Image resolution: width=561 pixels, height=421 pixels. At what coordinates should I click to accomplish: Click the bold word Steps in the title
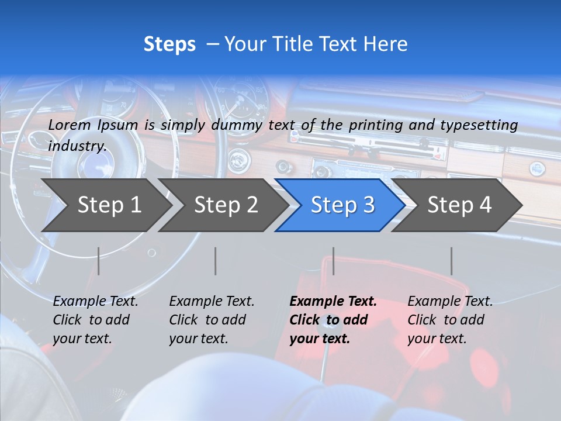click(169, 44)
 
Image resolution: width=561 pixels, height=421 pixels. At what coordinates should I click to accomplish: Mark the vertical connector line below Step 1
click(99, 261)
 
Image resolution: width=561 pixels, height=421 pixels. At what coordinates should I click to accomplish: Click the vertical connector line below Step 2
click(216, 261)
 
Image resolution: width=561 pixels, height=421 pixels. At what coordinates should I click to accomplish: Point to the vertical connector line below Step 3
click(333, 261)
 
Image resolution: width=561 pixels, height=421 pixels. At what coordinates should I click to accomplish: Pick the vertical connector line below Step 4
click(451, 261)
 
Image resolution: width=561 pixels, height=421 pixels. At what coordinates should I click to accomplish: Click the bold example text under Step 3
click(333, 320)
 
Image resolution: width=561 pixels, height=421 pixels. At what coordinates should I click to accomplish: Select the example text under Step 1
click(95, 320)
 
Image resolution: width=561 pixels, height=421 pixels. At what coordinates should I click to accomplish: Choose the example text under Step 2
click(212, 320)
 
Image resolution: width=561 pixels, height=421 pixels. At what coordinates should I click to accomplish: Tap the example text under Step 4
click(450, 320)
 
